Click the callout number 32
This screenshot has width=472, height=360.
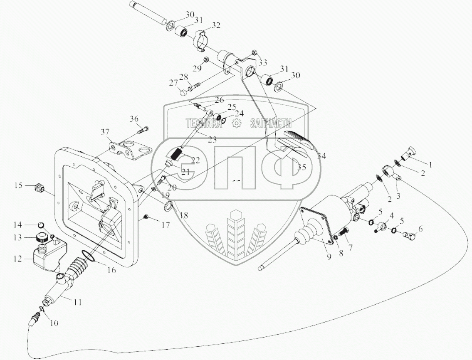(x=216, y=25)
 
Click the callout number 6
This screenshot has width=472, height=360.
(x=420, y=229)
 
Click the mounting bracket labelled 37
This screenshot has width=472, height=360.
(x=127, y=150)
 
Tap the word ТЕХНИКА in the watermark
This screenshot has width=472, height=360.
(x=204, y=123)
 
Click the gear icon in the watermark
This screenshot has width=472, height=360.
(x=236, y=123)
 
